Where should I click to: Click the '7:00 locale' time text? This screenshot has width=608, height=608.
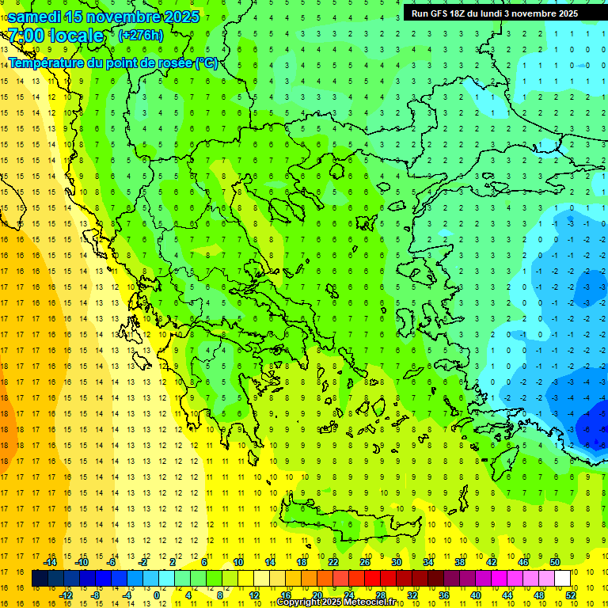(x=55, y=36)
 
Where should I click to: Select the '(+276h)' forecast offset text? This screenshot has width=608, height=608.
(x=140, y=35)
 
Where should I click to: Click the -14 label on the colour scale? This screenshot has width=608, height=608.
(x=49, y=562)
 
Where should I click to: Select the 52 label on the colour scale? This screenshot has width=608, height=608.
(x=572, y=595)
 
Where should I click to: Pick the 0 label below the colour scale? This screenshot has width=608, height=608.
(x=156, y=595)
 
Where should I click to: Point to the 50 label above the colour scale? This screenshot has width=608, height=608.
(x=554, y=562)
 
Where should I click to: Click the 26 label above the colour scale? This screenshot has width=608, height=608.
(x=364, y=562)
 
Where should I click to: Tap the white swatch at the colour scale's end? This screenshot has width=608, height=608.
(x=562, y=579)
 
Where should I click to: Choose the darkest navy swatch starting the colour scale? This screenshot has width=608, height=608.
(x=40, y=579)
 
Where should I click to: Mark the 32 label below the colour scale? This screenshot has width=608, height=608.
(x=412, y=595)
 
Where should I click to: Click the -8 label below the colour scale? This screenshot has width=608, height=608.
(x=96, y=595)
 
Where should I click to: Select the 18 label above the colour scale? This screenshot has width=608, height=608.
(x=302, y=562)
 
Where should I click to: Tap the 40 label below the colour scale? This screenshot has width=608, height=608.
(x=475, y=595)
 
